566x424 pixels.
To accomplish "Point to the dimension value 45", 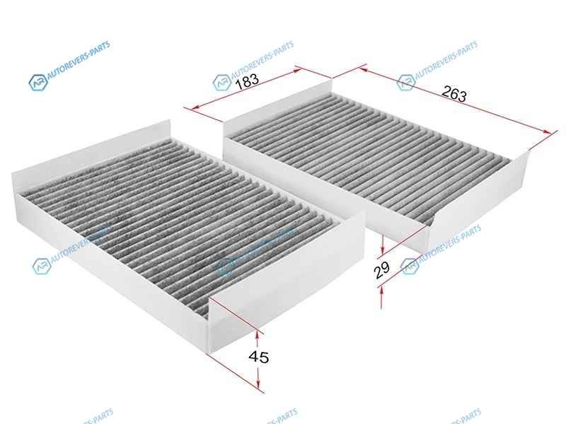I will pos(260,358).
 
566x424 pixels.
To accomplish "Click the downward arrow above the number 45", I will pos(260,334).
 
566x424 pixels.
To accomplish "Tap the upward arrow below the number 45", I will pos(261,384).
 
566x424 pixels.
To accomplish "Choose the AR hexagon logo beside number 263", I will pos(406,82).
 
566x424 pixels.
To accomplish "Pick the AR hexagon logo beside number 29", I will pos(409,266).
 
